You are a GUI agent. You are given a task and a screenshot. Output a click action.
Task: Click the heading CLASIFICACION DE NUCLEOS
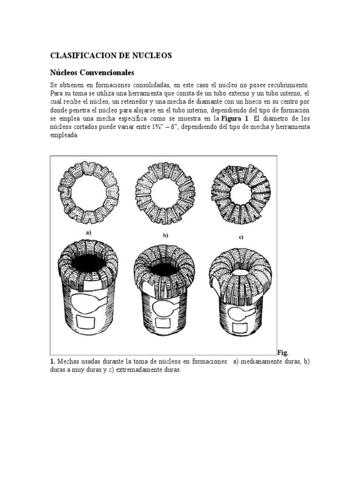(x=111, y=56)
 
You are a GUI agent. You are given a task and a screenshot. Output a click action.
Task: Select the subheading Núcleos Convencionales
(x=92, y=73)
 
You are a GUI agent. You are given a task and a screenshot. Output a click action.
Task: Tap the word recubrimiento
(x=287, y=85)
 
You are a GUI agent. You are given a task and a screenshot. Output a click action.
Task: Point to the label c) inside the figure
(x=240, y=238)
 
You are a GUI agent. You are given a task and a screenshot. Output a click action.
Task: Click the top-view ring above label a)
(x=88, y=193)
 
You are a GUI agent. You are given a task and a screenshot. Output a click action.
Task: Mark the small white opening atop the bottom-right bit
(x=240, y=272)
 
